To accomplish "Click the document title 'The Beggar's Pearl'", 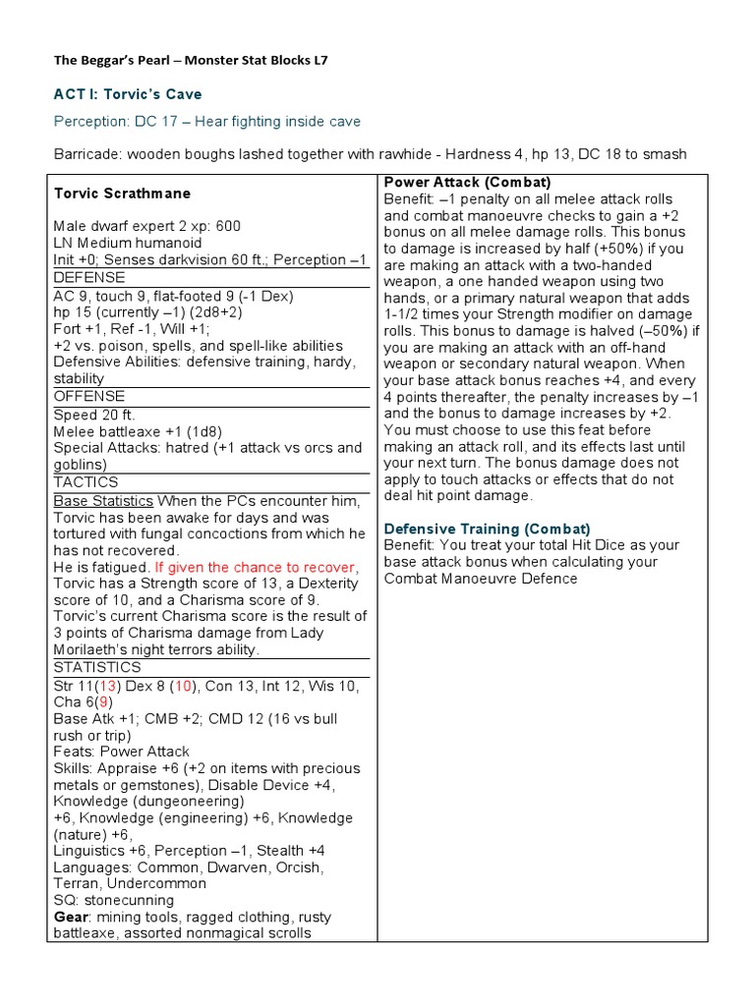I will point(121,60).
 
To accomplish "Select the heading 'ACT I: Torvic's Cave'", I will point(127,94).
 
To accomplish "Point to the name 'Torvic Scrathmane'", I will point(122,194).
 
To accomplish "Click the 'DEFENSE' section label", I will point(88,279).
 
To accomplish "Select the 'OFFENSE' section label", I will point(88,397).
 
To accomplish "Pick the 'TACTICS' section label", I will point(86,482).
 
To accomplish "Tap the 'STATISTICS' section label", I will point(97,667).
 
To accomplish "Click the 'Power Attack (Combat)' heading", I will point(467,183).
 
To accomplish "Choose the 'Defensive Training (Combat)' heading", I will point(487,529).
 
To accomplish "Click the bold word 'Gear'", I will point(71,917).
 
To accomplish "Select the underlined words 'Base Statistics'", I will point(103,500).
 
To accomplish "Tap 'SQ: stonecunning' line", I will point(114,900).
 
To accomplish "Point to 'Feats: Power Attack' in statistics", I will point(122,752).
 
